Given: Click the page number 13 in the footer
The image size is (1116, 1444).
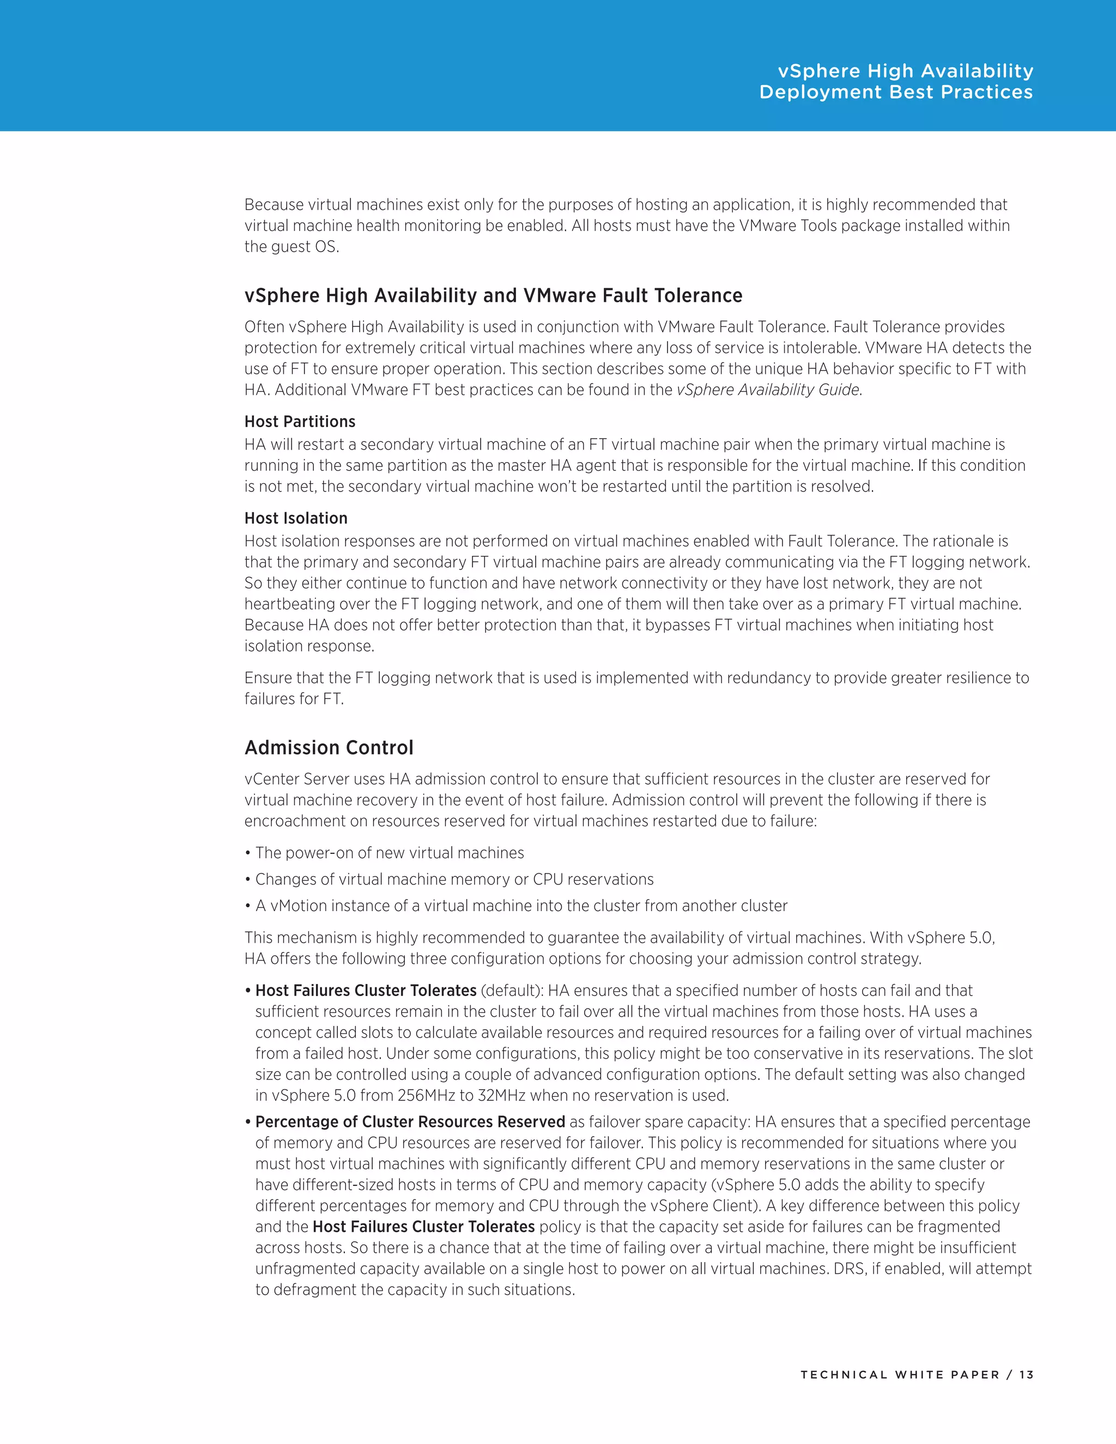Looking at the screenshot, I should pyautogui.click(x=1026, y=1375).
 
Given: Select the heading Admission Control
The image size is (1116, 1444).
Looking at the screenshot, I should pyautogui.click(x=329, y=748).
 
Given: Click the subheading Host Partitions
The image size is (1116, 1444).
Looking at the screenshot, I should pyautogui.click(x=300, y=422).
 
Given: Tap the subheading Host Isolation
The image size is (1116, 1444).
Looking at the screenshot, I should pyautogui.click(x=295, y=518).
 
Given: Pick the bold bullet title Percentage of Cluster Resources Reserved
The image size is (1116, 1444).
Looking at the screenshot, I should pyautogui.click(x=410, y=1122).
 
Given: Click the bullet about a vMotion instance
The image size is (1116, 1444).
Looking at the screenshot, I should pyautogui.click(x=521, y=906).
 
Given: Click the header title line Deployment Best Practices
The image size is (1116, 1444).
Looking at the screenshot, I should pyautogui.click(x=896, y=92).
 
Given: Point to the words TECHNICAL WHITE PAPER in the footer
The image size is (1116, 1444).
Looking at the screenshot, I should pyautogui.click(x=900, y=1375).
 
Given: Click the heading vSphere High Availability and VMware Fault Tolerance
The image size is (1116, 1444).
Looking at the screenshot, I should pyautogui.click(x=493, y=295).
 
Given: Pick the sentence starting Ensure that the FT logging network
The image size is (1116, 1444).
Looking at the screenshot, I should pyautogui.click(x=636, y=678).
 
